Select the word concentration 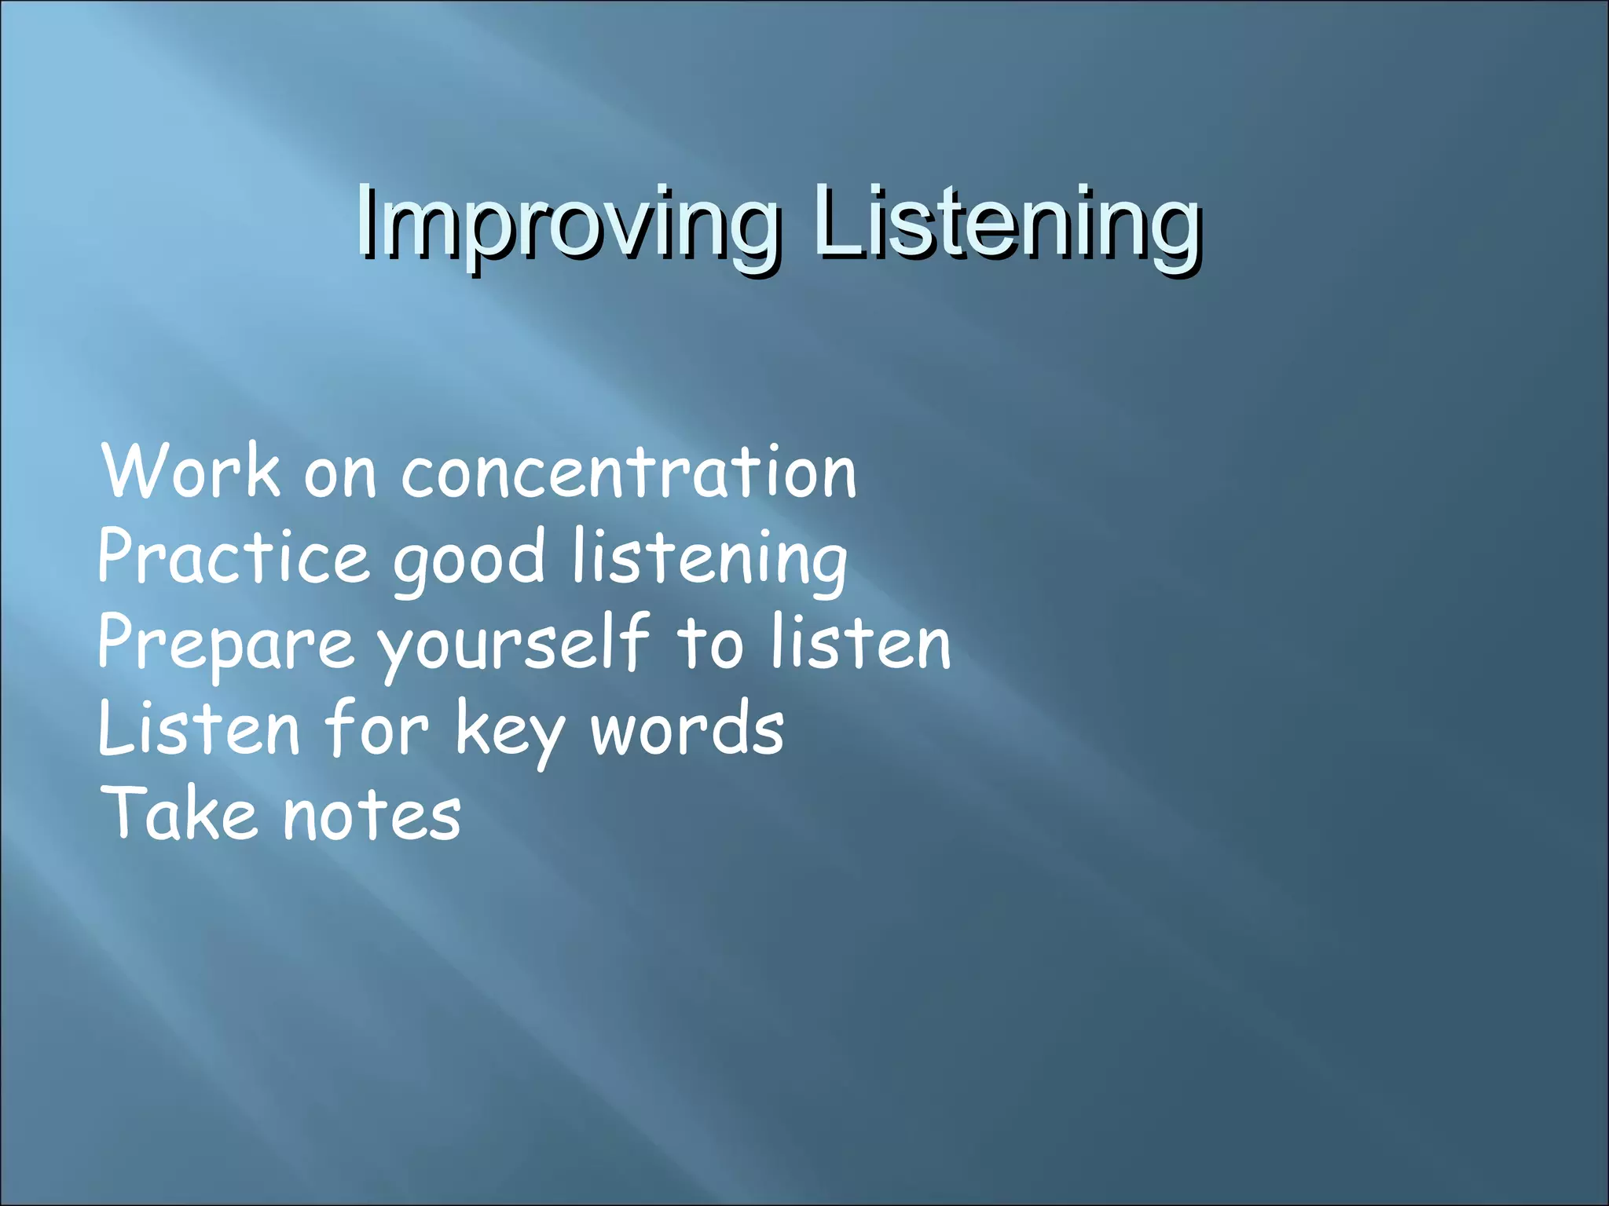click(629, 473)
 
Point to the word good click(469, 559)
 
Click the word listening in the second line click(710, 559)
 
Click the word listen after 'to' click(860, 644)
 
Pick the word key click(509, 732)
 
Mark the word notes click(372, 817)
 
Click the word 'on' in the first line click(340, 476)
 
